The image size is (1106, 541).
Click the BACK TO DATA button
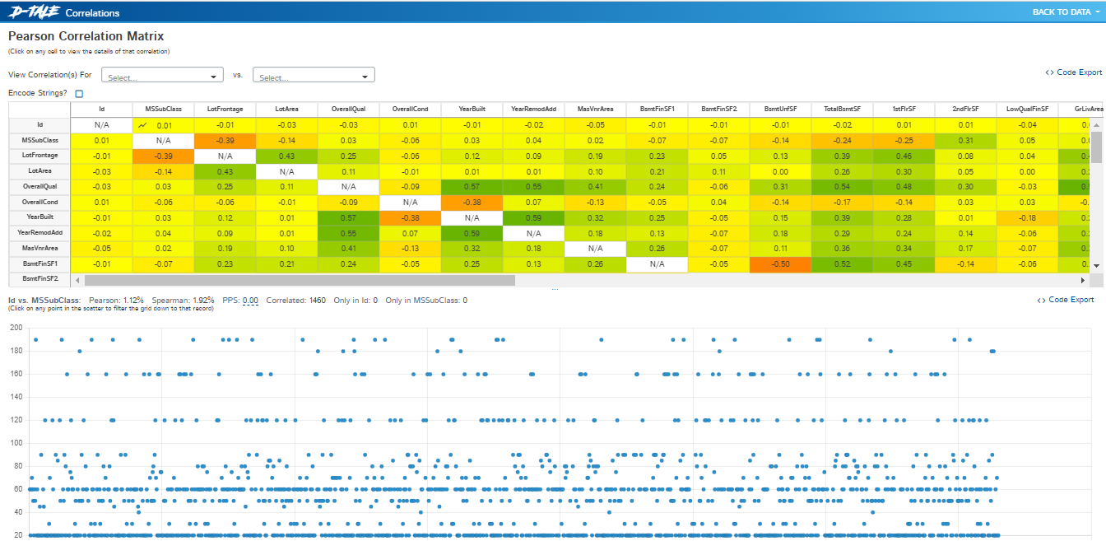coord(1061,12)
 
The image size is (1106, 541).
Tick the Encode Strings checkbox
coord(79,94)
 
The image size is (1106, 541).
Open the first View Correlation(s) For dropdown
coord(162,76)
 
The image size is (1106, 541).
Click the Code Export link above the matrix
coord(1073,72)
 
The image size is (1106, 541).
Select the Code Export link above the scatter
coord(1066,301)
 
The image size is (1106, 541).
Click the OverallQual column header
coord(348,109)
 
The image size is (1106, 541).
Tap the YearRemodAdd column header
coord(533,109)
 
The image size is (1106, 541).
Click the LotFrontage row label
coord(39,156)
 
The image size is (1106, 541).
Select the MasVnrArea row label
coord(39,248)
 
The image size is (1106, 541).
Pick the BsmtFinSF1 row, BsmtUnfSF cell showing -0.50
coord(780,264)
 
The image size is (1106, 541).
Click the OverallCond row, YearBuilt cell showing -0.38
coord(472,202)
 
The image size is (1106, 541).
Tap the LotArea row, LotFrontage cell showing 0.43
coord(225,171)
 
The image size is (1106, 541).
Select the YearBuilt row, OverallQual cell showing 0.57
coord(348,217)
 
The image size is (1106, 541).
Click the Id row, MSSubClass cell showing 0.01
coord(164,125)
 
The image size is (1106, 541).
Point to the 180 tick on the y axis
coord(16,351)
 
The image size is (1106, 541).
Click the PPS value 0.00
coord(250,301)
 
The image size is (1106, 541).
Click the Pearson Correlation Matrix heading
coord(86,36)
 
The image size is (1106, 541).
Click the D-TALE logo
coord(32,12)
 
